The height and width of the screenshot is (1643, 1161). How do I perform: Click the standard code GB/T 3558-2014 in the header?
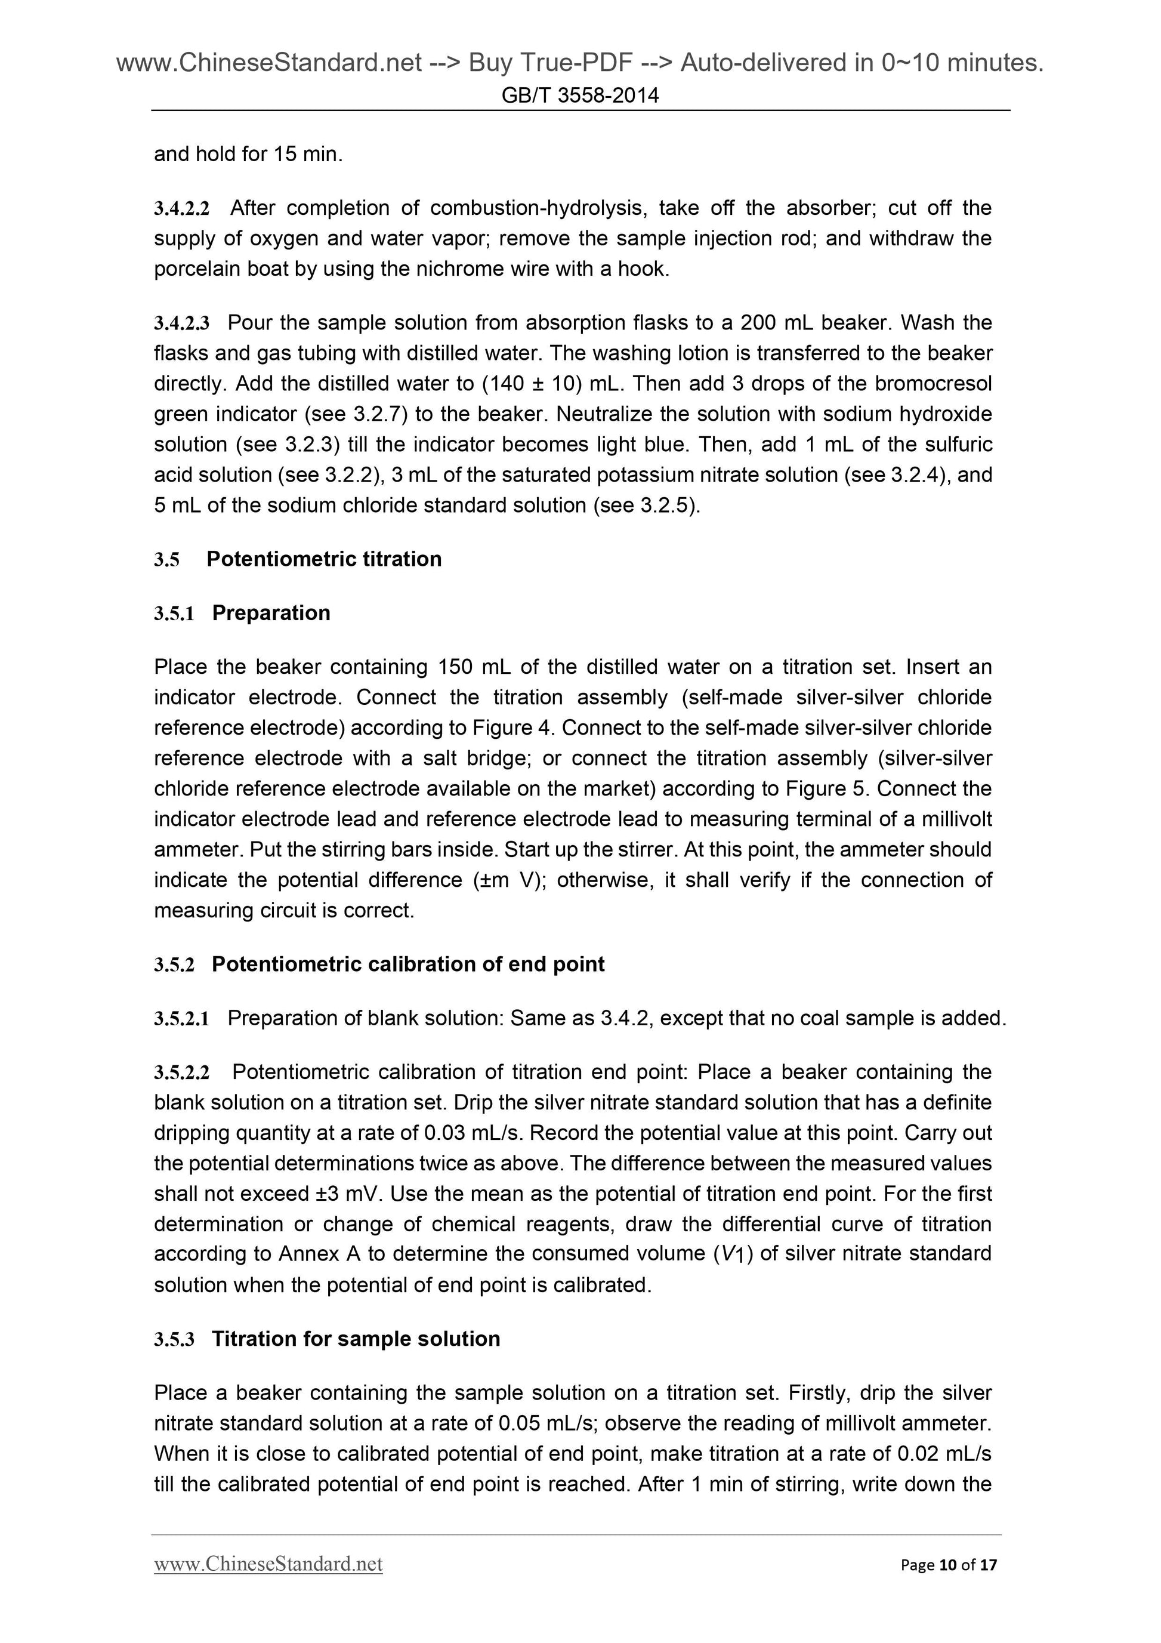tap(579, 95)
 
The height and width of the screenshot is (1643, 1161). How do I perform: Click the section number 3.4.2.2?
tap(182, 209)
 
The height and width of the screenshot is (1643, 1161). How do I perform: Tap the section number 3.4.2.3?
tap(182, 323)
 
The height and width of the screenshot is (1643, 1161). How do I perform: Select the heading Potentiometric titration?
tap(323, 559)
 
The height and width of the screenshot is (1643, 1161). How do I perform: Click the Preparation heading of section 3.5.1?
tap(271, 614)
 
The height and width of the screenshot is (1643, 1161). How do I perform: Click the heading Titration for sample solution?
tap(356, 1339)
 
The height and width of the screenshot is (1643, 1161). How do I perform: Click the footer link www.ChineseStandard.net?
tap(268, 1564)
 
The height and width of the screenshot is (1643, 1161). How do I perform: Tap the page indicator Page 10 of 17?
tap(948, 1565)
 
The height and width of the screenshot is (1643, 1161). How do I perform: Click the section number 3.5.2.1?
tap(182, 1019)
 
